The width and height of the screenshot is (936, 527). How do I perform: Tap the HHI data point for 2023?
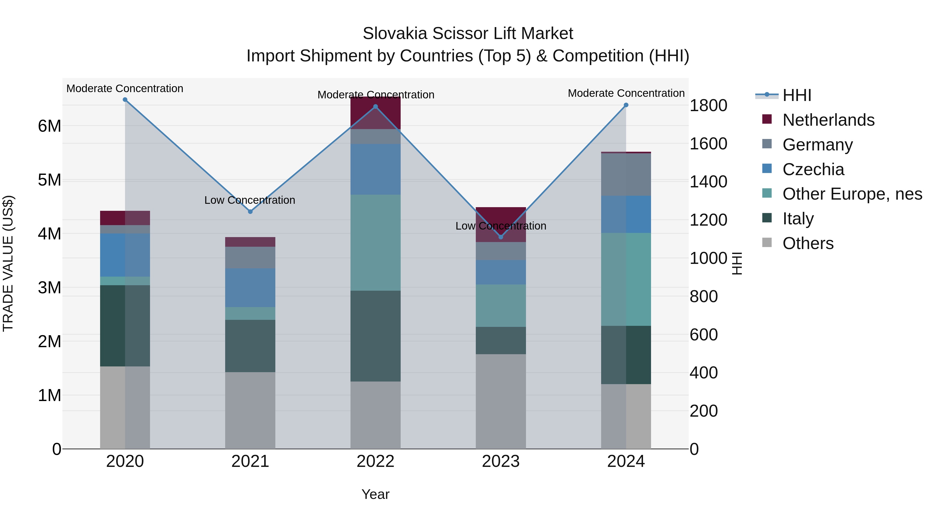pyautogui.click(x=501, y=237)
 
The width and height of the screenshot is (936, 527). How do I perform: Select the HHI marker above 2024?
pyautogui.click(x=626, y=105)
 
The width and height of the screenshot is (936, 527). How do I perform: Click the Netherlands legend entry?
pyautogui.click(x=828, y=120)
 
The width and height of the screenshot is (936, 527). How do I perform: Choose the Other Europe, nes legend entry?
pyautogui.click(x=852, y=194)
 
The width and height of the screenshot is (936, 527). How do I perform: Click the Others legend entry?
pyautogui.click(x=808, y=243)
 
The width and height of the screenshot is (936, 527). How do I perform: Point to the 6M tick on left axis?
pyautogui.click(x=49, y=126)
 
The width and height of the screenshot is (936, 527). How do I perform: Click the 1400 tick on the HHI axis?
pyautogui.click(x=708, y=182)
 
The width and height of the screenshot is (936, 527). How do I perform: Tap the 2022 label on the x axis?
pyautogui.click(x=375, y=461)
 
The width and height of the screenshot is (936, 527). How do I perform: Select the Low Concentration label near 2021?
pyautogui.click(x=250, y=200)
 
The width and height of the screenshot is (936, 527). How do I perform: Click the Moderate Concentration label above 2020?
pyautogui.click(x=125, y=88)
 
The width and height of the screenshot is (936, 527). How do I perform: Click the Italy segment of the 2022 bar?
pyautogui.click(x=375, y=336)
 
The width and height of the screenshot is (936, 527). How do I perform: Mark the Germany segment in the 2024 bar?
pyautogui.click(x=626, y=175)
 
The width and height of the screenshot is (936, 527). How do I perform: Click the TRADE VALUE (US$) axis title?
pyautogui.click(x=8, y=263)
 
